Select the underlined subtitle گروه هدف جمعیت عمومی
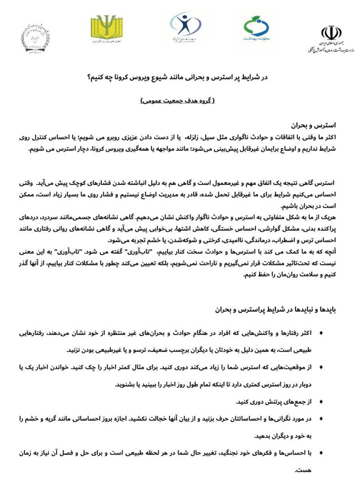[x=178, y=100]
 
